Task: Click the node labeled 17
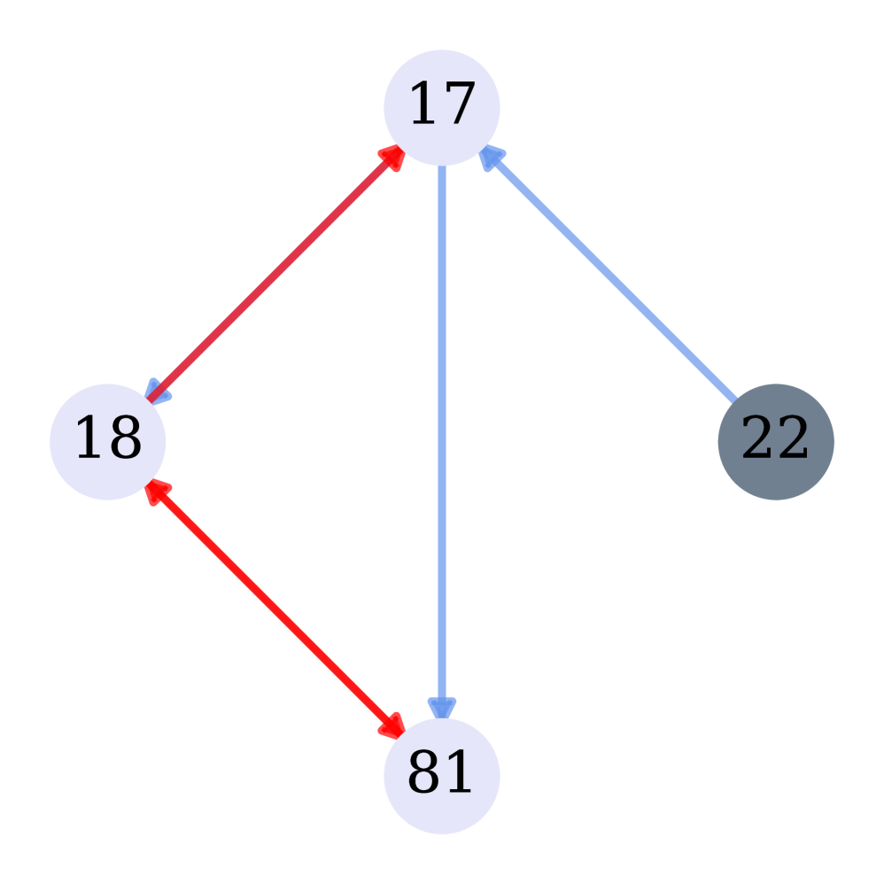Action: pyautogui.click(x=441, y=107)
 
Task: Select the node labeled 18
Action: pyautogui.click(x=107, y=441)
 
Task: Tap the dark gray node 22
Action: pyautogui.click(x=775, y=441)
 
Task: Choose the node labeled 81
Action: pyautogui.click(x=441, y=775)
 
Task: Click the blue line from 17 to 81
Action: pyautogui.click(x=441, y=425)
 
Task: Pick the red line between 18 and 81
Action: pyautogui.click(x=275, y=609)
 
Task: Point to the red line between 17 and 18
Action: pyautogui.click(x=275, y=275)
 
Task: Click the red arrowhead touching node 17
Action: pyautogui.click(x=392, y=157)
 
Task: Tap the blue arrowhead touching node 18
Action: pyautogui.click(x=159, y=392)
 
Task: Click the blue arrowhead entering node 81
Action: pyautogui.click(x=441, y=706)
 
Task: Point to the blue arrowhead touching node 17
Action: pyautogui.click(x=490, y=157)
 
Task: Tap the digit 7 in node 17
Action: pyautogui.click(x=459, y=105)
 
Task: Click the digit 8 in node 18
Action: pyautogui.click(x=125, y=439)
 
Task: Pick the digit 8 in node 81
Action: pyautogui.click(x=424, y=773)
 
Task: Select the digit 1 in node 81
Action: pyautogui.click(x=459, y=773)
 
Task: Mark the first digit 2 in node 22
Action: pyautogui.click(x=757, y=439)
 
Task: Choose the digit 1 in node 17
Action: pyautogui.click(x=424, y=105)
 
